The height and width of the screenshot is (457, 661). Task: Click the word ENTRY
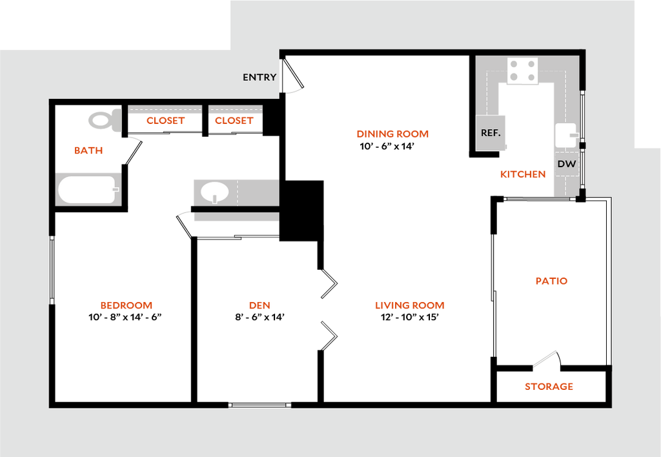259,77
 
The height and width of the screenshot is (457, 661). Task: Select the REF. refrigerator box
491,133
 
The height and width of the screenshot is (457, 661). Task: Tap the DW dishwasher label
567,164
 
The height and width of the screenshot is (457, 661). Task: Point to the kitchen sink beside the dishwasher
565,136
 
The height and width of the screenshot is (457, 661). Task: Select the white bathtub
87,189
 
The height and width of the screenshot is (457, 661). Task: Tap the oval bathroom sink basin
214,192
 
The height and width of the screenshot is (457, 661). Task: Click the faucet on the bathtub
116,189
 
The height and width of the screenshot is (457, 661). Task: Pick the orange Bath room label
88,151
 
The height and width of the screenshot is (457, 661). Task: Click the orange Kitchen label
523,174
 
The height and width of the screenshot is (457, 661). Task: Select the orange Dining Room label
392,134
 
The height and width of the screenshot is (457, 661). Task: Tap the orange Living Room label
409,305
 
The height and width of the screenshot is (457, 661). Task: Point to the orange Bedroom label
126,305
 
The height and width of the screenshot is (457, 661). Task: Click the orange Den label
259,305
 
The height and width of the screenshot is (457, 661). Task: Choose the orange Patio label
551,281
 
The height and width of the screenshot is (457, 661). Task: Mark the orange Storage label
549,387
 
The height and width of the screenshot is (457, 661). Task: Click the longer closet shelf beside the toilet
165,109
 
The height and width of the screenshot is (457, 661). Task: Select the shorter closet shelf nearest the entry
235,109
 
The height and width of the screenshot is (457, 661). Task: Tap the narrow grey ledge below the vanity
236,218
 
